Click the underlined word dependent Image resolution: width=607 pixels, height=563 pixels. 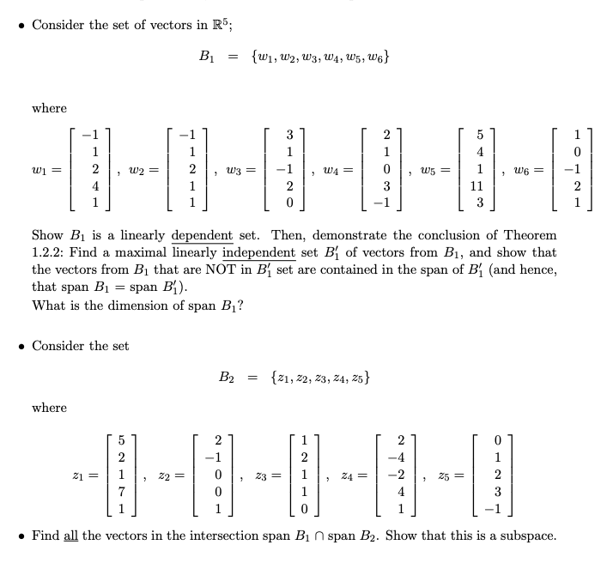tap(203, 235)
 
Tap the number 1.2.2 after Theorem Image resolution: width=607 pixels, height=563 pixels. tap(47, 252)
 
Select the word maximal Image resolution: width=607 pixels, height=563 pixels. tap(155, 252)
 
